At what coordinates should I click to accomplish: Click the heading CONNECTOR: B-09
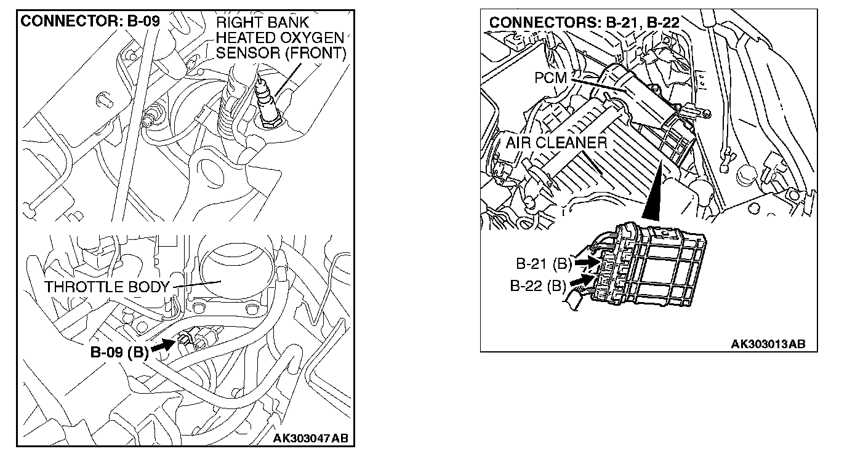[90, 21]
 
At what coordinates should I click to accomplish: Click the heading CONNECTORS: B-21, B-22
[584, 23]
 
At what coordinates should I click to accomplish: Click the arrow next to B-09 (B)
[161, 346]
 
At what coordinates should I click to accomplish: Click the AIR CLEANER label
[556, 143]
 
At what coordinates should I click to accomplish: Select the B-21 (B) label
[544, 265]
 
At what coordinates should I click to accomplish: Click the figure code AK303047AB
[310, 439]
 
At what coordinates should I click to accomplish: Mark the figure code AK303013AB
[768, 344]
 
